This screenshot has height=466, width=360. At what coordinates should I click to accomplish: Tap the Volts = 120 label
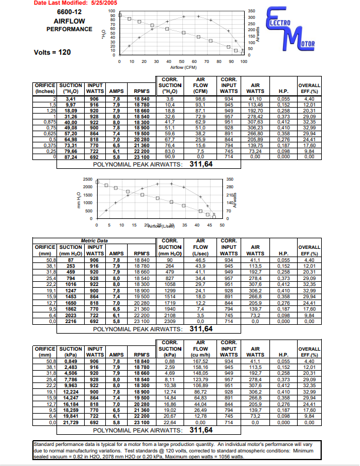click(53, 52)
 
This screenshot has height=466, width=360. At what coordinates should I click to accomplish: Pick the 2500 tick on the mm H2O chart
click(86, 179)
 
